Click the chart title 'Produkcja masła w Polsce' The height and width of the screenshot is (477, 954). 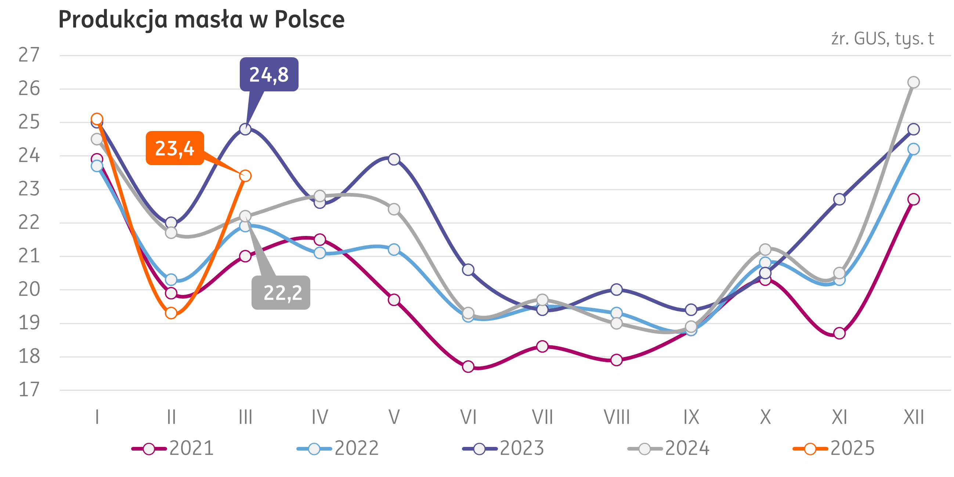point(202,19)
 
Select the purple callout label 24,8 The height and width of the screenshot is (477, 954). point(269,74)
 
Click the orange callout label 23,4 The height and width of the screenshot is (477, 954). point(174,148)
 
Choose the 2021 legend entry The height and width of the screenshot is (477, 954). point(173,448)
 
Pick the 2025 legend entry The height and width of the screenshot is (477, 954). point(834,448)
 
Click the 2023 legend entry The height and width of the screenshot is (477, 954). point(504,448)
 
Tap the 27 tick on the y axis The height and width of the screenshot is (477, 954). point(29,55)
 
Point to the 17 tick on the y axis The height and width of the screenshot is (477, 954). point(29,390)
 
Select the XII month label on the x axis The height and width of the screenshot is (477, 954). point(914,418)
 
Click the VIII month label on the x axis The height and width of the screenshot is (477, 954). point(617,418)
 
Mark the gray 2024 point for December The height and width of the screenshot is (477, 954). point(914,82)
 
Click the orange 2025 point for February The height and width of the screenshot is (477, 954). point(171,313)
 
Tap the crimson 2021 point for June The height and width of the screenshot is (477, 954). point(468,366)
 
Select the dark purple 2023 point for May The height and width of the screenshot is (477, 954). point(394,159)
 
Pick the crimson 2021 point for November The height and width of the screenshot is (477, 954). point(839,333)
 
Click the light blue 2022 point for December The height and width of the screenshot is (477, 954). point(914,149)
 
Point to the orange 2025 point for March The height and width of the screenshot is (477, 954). point(245,176)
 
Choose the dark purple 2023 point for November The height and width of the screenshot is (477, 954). point(839,200)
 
